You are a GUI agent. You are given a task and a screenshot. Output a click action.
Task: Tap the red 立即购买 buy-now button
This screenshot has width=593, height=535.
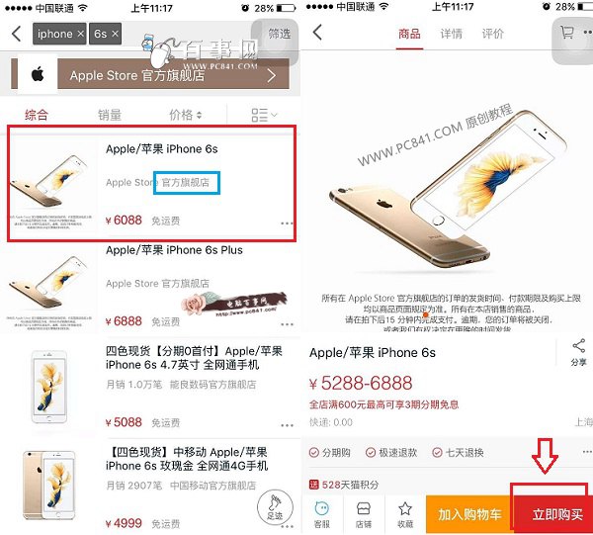[x=557, y=514]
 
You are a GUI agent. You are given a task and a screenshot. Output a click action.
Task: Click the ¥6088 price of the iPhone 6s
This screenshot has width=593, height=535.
[x=124, y=221]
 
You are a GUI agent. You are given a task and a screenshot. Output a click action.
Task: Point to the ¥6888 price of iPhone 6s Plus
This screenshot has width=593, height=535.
[x=124, y=321]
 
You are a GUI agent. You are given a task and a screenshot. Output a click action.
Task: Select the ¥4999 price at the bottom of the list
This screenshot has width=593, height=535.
[x=123, y=523]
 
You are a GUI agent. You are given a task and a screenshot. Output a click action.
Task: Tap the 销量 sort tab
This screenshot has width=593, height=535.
[x=110, y=115]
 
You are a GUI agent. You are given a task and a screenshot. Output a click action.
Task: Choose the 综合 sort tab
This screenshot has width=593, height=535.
[x=36, y=115]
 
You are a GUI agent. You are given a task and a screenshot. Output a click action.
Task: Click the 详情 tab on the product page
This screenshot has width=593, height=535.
[x=451, y=34]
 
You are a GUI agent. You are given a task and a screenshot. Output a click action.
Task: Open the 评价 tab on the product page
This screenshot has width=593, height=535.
[x=492, y=34]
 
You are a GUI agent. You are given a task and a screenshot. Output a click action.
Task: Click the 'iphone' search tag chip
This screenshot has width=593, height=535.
[x=55, y=34]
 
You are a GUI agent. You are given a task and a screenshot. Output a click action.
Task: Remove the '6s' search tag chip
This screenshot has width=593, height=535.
[x=115, y=34]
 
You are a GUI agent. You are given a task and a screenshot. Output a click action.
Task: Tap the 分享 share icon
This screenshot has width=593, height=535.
[x=578, y=351]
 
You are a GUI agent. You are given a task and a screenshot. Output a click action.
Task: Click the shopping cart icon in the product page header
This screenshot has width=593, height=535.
[x=567, y=33]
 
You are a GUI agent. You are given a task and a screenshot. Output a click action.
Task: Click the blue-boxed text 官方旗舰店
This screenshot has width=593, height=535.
[x=186, y=182]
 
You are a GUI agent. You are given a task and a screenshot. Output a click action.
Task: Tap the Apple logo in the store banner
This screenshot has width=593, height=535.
[x=35, y=75]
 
